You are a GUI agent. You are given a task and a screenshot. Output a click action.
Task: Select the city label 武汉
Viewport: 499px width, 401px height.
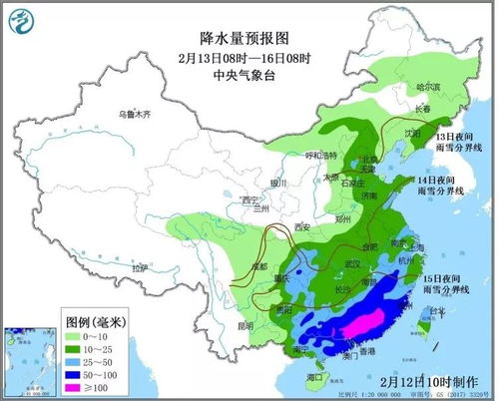click(350, 262)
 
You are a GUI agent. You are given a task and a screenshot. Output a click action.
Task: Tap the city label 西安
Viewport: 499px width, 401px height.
click(302, 228)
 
